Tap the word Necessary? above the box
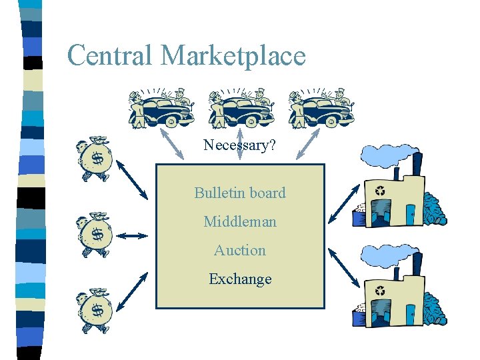point(239,145)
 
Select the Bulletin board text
point(240,193)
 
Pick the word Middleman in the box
point(240,221)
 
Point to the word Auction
point(240,250)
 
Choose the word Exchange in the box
point(240,279)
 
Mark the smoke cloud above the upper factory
point(387,155)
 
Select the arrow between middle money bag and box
point(135,235)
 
